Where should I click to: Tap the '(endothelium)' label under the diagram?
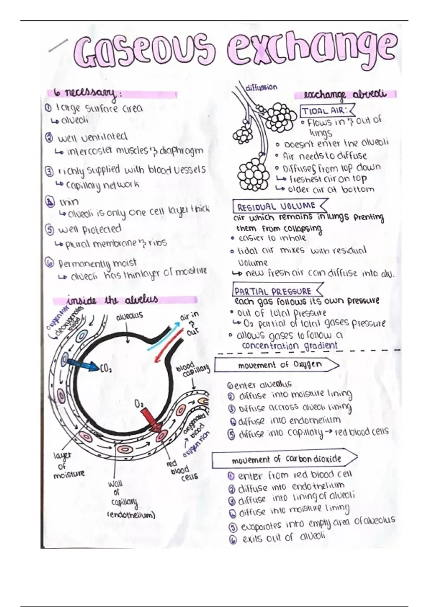pyautogui.click(x=131, y=515)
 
